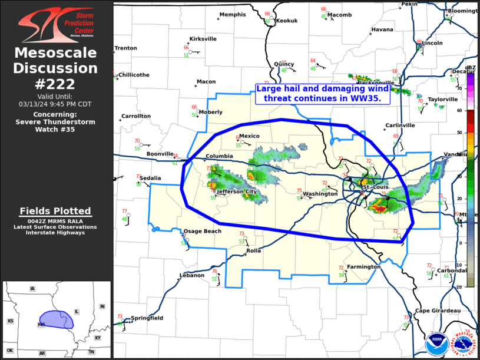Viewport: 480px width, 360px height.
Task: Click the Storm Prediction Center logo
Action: tap(56, 24)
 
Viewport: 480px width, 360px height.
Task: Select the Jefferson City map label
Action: tap(237, 192)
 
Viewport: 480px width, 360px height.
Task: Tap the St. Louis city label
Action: tap(376, 187)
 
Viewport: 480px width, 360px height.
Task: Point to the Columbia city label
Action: tap(219, 157)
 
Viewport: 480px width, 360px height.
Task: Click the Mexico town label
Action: tap(249, 136)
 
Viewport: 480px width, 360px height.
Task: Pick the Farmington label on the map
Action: tap(363, 267)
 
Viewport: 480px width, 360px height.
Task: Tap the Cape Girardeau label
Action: tap(438, 311)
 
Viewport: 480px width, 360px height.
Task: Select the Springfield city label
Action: tap(147, 318)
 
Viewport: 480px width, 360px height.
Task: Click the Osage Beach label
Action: tap(203, 231)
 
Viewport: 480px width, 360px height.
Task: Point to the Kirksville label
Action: tap(203, 39)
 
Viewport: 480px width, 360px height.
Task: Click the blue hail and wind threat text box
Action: tap(323, 94)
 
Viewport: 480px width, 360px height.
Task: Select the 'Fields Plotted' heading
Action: tap(55, 211)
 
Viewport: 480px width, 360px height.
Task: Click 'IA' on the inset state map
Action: tap(33, 289)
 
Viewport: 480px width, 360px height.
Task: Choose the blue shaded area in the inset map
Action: tap(56, 319)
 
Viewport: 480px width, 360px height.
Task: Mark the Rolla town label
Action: tap(253, 251)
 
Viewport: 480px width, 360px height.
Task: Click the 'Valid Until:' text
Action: tap(55, 96)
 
